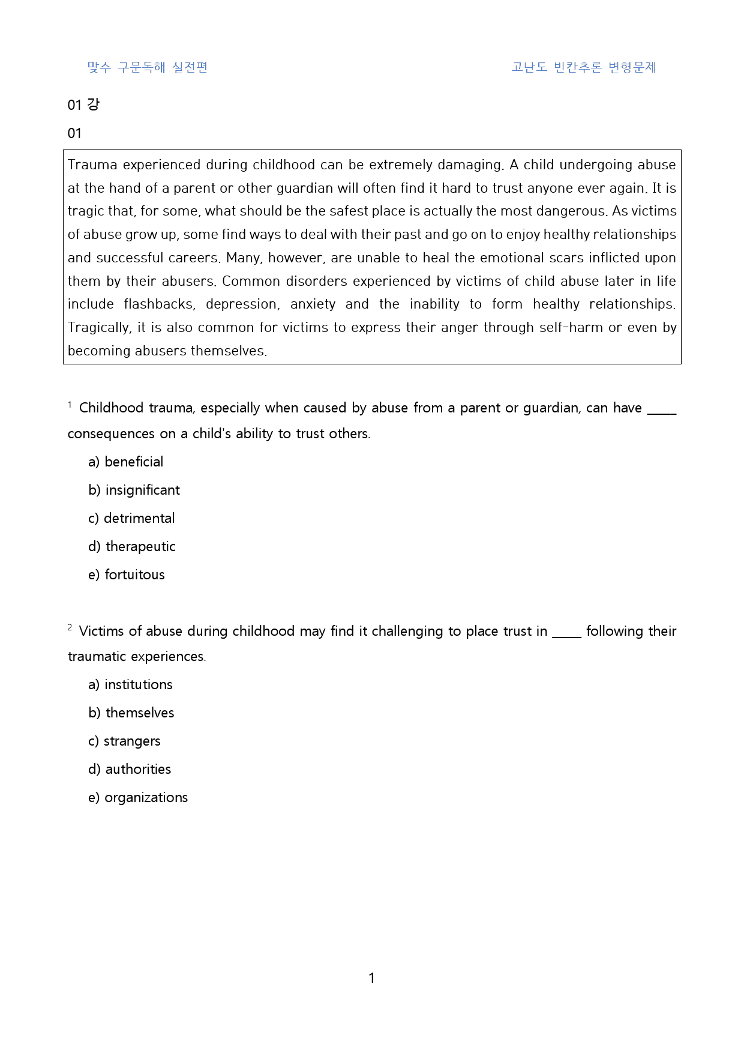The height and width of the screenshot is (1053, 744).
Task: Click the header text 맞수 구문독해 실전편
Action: click(147, 67)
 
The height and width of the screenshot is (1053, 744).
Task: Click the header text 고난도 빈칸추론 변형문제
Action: click(583, 67)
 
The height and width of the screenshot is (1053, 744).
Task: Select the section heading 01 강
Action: click(83, 104)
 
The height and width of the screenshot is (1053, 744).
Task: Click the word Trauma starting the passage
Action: click(92, 165)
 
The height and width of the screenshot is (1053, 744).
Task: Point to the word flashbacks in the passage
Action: click(159, 304)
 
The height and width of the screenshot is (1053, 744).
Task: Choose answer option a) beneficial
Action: click(125, 462)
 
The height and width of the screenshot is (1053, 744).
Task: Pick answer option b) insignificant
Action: click(134, 490)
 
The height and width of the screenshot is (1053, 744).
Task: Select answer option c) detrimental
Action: click(131, 518)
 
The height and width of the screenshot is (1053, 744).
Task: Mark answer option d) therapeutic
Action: click(132, 546)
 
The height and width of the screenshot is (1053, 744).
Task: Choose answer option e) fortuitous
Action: click(126, 575)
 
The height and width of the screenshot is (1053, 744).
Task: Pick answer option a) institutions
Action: click(130, 684)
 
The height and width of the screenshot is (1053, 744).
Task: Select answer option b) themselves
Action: click(131, 713)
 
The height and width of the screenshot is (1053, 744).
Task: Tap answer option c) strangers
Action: click(124, 741)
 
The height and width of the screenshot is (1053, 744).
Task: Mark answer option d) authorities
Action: click(130, 769)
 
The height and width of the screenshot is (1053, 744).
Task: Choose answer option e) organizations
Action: click(138, 797)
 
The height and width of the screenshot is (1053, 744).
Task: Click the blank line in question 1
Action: click(662, 412)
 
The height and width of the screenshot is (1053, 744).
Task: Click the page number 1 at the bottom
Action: click(371, 978)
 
